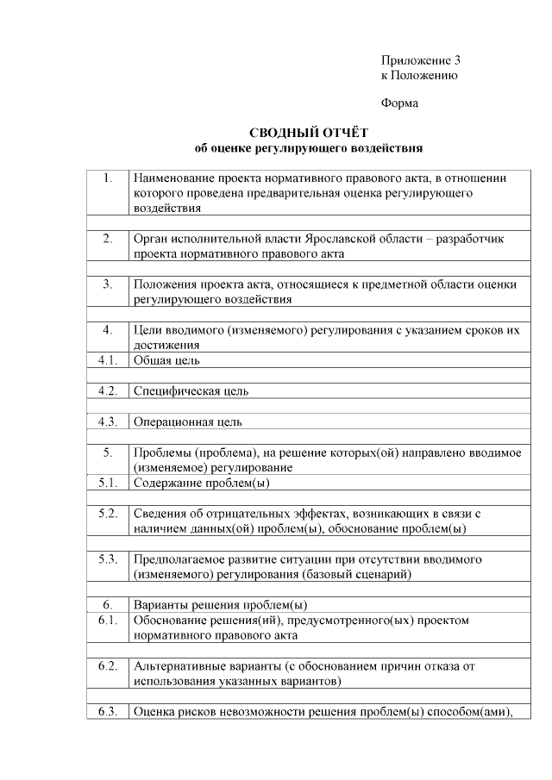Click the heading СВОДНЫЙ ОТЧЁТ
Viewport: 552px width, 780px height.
tap(308, 133)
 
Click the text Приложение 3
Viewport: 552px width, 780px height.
tap(421, 60)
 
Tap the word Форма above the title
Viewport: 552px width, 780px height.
tap(399, 103)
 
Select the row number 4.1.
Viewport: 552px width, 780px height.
tap(108, 360)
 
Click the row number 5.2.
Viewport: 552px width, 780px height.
tap(108, 514)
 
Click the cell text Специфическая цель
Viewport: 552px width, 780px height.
tap(191, 391)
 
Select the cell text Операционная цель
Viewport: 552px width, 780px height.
tap(187, 422)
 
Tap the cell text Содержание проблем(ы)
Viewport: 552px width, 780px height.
tap(195, 483)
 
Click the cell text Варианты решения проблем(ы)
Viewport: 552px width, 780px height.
tap(220, 605)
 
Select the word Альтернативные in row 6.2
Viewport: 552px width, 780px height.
tap(179, 666)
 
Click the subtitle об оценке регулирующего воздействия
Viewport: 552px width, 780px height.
tap(308, 148)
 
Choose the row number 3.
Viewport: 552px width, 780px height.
tap(108, 284)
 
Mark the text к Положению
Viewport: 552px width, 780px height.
tap(419, 75)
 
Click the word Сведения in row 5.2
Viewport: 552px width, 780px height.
tap(159, 514)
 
